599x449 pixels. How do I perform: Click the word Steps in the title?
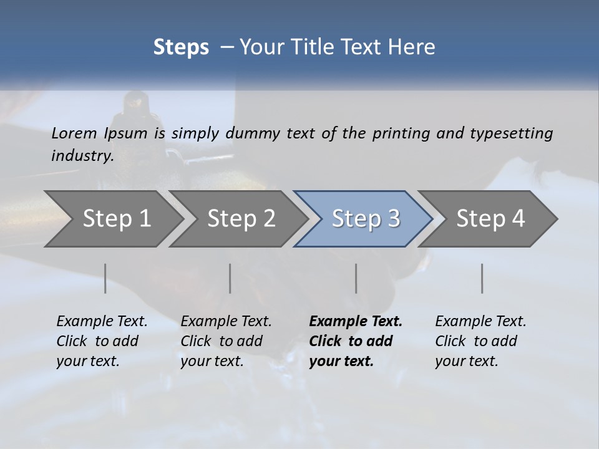[181, 47]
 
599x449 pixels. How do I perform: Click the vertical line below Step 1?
[105, 278]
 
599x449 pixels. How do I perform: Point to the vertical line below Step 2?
[230, 278]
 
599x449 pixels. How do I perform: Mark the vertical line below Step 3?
[356, 278]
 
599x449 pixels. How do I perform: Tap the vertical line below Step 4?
[482, 278]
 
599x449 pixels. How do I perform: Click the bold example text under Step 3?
[356, 341]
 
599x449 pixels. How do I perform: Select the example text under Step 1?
[102, 341]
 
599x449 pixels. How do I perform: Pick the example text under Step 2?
[226, 341]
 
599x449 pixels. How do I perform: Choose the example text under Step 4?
[480, 341]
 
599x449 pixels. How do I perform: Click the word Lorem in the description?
[74, 133]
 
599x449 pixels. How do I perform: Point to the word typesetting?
[511, 133]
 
